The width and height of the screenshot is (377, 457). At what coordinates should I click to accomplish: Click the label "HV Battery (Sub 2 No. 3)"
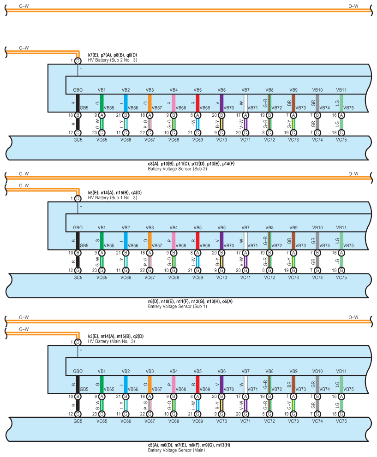[x=112, y=60]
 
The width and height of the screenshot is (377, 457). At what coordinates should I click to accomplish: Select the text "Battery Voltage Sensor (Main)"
[x=176, y=450]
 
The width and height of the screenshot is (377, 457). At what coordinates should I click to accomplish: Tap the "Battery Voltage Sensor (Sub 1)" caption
[x=177, y=306]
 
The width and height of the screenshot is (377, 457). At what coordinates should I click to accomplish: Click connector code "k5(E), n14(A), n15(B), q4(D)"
[x=114, y=193]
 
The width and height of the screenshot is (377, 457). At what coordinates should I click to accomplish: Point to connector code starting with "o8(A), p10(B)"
[x=191, y=164]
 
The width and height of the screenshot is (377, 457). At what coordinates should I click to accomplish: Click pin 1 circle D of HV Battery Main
[x=78, y=342]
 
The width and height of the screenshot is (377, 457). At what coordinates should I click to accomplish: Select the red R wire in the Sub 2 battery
[x=197, y=103]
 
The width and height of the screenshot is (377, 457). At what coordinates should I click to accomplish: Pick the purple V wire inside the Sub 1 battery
[x=221, y=241]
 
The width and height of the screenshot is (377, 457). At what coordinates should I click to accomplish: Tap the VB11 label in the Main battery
[x=341, y=371]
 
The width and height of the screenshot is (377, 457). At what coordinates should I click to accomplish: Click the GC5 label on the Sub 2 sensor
[x=78, y=140]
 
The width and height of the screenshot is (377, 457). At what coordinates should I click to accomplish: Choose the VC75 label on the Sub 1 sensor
[x=341, y=278]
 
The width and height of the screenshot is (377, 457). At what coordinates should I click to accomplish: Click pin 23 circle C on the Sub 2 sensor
[x=102, y=133]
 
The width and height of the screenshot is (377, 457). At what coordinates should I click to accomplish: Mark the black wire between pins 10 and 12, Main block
[x=78, y=405]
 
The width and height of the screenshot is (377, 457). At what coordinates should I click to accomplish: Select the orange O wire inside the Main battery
[x=150, y=385]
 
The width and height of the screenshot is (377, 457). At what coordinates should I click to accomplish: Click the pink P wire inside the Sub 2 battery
[x=174, y=103]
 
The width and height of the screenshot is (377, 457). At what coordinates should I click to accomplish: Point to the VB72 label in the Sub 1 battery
[x=277, y=246]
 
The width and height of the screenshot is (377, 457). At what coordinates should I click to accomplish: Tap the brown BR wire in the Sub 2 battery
[x=293, y=103]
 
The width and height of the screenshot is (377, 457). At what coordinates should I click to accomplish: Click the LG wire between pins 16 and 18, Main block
[x=341, y=405]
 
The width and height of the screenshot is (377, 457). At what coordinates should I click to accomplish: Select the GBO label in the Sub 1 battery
[x=78, y=228]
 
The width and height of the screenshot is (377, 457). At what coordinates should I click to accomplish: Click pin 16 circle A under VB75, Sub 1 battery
[x=341, y=253]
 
